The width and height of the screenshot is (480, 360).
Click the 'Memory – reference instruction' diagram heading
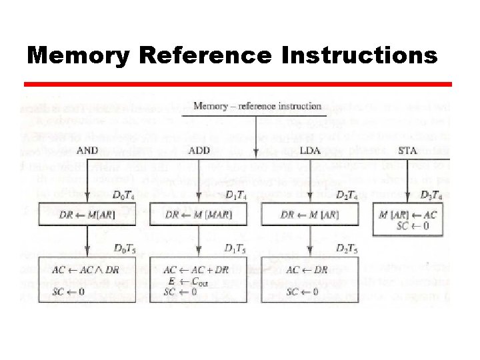[x=256, y=106]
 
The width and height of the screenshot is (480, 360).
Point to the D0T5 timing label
[x=125, y=249]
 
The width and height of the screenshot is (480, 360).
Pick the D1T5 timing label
[x=237, y=249]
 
